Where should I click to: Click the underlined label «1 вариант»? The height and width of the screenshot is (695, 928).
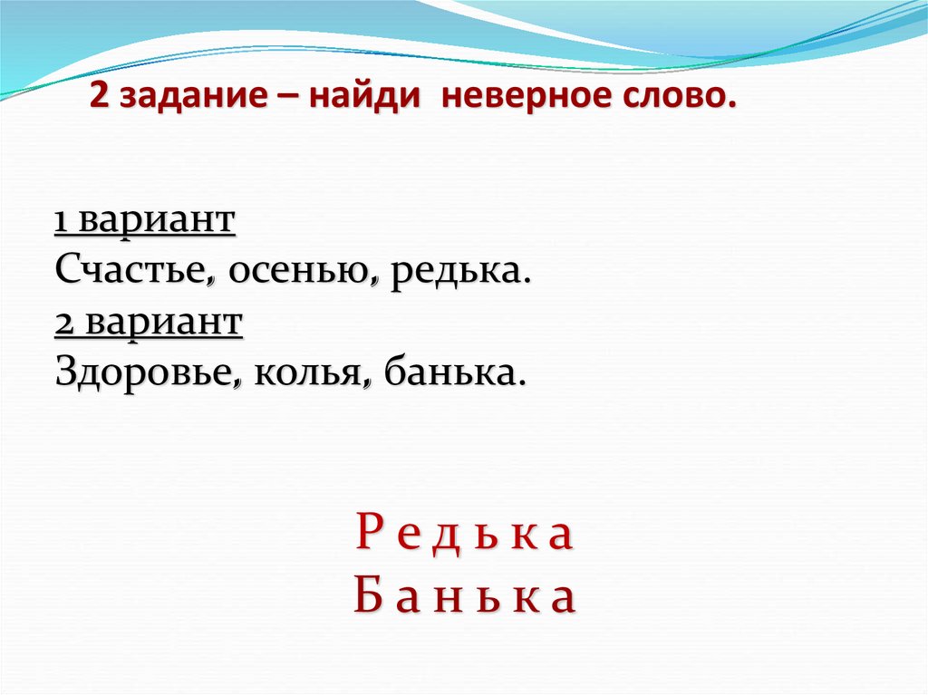[145, 221]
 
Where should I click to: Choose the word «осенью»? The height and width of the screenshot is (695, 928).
[302, 272]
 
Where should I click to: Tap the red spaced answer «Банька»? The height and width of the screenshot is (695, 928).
[464, 597]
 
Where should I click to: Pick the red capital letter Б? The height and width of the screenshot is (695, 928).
[365, 597]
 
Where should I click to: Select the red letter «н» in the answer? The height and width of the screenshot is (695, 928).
[465, 599]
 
